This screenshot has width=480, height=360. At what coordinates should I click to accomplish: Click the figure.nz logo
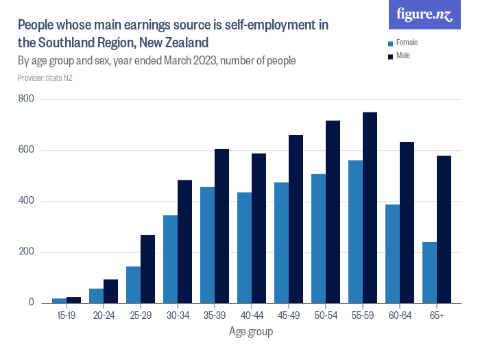click(424, 15)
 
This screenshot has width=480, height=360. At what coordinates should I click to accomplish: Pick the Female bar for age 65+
click(429, 272)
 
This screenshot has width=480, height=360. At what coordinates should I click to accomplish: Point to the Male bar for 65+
click(444, 229)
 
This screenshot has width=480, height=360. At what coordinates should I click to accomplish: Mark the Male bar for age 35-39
click(221, 226)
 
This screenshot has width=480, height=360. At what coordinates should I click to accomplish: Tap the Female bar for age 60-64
click(392, 254)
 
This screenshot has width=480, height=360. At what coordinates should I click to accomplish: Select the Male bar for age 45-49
click(296, 219)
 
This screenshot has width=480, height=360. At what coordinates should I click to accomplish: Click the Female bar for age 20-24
click(96, 296)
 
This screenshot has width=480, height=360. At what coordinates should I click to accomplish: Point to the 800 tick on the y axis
click(27, 100)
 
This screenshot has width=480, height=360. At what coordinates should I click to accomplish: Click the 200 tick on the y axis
click(27, 252)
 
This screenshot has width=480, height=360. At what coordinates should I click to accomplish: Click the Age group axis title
click(251, 332)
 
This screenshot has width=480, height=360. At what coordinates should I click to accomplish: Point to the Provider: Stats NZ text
click(45, 78)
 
